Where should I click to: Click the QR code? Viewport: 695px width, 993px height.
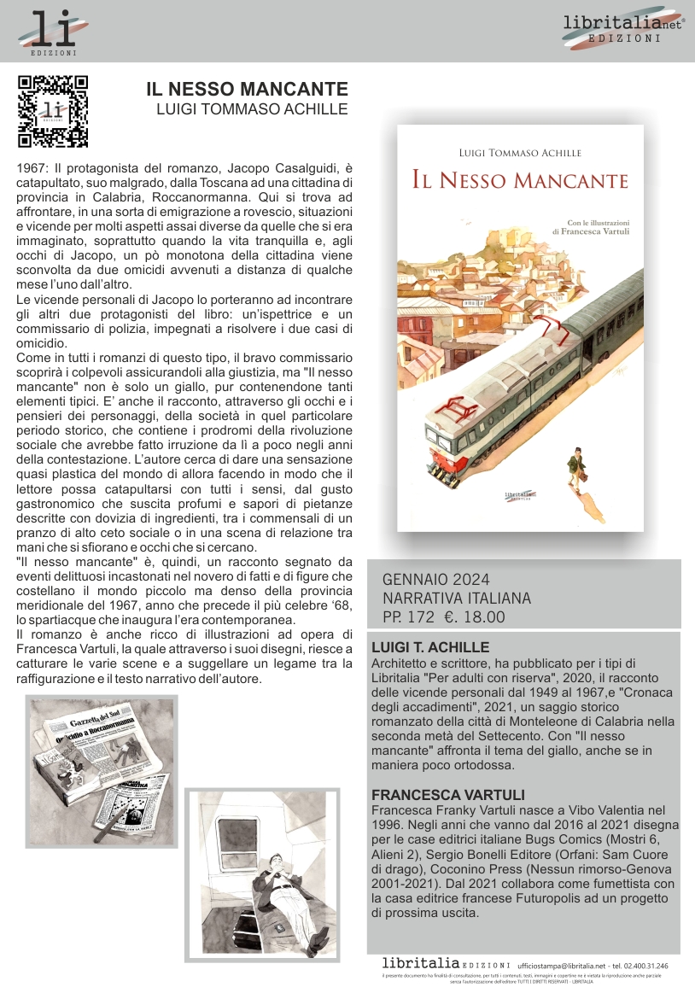click(x=53, y=112)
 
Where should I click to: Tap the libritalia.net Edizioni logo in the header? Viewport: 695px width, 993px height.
click(x=623, y=29)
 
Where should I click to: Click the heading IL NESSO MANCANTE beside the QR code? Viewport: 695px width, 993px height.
click(x=247, y=89)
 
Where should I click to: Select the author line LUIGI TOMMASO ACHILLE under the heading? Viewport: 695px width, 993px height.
click(x=252, y=109)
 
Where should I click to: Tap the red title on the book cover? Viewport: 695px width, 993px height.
click(x=519, y=180)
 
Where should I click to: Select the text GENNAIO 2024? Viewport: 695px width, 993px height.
click(x=435, y=581)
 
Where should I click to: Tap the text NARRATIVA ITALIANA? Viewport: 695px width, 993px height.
click(x=456, y=599)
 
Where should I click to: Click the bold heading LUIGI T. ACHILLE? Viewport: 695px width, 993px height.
click(x=430, y=647)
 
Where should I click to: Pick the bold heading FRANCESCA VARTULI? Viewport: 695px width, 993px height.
click(x=447, y=795)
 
